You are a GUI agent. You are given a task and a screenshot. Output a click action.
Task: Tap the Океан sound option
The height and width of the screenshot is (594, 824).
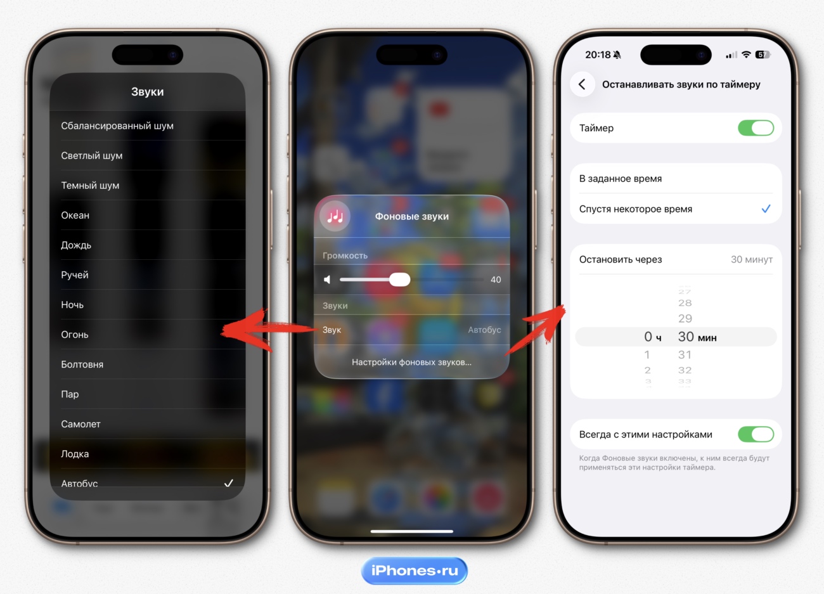click(x=75, y=215)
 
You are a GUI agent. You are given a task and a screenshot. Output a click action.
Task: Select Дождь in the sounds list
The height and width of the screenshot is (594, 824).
click(x=76, y=245)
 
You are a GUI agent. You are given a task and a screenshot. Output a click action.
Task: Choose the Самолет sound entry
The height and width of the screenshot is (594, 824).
click(x=80, y=424)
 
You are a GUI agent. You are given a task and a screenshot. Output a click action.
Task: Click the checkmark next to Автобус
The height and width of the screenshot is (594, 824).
click(x=229, y=483)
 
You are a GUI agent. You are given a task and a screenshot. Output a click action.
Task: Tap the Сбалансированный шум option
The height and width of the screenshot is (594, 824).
click(x=117, y=126)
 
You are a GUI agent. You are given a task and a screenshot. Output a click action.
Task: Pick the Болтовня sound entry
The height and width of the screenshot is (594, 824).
click(x=82, y=365)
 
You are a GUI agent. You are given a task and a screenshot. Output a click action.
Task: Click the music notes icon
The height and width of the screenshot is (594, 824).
click(x=335, y=216)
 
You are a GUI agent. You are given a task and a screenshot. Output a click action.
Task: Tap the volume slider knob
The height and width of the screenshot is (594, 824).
click(x=399, y=280)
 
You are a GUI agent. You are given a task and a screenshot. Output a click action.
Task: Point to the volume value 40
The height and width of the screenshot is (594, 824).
click(x=496, y=280)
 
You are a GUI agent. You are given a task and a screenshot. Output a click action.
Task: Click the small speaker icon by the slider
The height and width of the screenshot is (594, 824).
click(x=327, y=280)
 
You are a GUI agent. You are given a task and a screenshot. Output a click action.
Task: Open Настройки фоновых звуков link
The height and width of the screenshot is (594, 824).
click(x=411, y=362)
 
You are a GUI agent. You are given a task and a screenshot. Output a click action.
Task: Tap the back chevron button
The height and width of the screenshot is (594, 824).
click(x=582, y=84)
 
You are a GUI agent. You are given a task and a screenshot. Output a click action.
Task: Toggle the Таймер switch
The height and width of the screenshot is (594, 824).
click(x=756, y=128)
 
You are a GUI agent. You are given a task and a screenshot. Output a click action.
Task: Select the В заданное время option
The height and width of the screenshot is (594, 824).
click(x=620, y=179)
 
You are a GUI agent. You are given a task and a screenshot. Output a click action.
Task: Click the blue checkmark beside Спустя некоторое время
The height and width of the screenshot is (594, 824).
click(x=766, y=209)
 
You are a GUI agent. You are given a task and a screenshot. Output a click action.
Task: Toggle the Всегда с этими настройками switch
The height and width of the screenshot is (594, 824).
click(x=756, y=434)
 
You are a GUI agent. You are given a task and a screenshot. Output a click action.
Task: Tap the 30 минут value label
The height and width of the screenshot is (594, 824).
click(x=752, y=260)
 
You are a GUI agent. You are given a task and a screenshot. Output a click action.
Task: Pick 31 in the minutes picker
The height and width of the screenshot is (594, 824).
click(x=685, y=355)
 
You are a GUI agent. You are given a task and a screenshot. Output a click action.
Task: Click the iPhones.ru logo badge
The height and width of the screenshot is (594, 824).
click(x=414, y=571)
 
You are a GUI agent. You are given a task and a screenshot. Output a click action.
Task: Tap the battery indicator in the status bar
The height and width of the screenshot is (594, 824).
click(x=763, y=55)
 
